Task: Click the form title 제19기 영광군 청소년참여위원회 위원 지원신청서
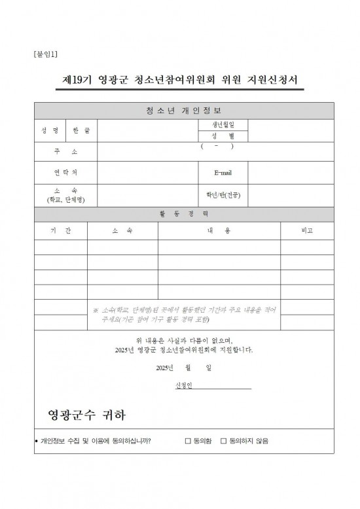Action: (180, 81)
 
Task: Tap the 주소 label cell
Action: (65, 152)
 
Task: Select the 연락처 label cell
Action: (65, 173)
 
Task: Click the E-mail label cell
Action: (223, 173)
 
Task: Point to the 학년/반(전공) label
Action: (223, 195)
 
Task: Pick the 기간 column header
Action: (61, 231)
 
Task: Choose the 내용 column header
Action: (219, 231)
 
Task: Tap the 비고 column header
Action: (306, 231)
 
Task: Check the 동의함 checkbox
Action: (188, 441)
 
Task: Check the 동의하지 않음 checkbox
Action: (223, 441)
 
